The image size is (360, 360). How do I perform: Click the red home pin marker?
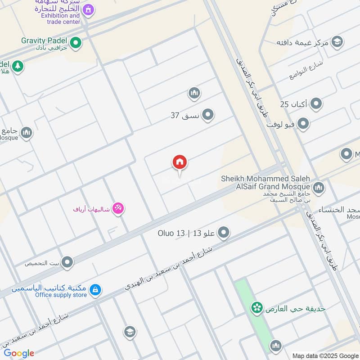180,162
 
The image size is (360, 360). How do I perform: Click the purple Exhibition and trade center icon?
89,9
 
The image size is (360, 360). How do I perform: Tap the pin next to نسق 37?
207,115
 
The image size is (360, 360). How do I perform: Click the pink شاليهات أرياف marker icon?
118,208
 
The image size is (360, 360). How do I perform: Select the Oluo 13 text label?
171,233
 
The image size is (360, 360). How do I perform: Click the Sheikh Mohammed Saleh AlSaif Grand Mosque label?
265,182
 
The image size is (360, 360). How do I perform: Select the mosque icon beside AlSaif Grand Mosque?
319,187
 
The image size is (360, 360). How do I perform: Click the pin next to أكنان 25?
316,104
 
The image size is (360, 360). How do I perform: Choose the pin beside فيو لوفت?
303,123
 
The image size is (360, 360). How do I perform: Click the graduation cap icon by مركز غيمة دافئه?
336,42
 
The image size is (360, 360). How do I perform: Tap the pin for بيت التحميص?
67,262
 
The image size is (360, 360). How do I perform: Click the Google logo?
19,353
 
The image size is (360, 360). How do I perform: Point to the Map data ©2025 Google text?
325,355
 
